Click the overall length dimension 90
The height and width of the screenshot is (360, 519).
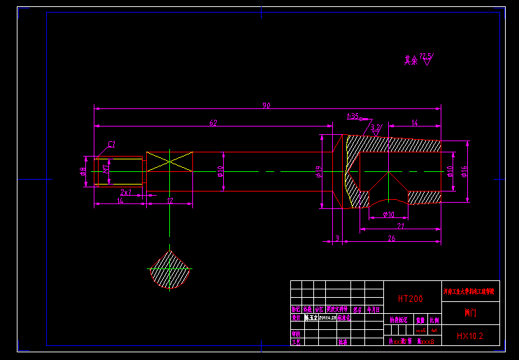point(266,106)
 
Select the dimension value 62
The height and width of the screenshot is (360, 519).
point(213,123)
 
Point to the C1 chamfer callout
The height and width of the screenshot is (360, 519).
point(112,145)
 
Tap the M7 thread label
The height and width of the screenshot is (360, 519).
point(106,168)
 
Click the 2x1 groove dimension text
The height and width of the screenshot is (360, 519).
point(126,192)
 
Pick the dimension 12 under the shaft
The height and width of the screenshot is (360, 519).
point(169,201)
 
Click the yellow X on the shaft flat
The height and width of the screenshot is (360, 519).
point(169,160)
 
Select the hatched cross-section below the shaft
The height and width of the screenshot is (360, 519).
point(169,271)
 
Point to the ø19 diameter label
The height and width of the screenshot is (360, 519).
point(319,171)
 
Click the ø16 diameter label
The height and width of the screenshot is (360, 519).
point(464,171)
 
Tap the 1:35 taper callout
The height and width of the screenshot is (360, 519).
point(353,116)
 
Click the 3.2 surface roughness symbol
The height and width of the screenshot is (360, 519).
point(376,128)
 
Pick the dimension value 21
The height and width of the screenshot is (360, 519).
point(400,225)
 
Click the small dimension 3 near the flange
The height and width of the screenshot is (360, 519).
point(336,238)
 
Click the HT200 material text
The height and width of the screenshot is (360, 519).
point(410,298)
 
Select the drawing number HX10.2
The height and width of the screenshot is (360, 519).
point(469,336)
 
